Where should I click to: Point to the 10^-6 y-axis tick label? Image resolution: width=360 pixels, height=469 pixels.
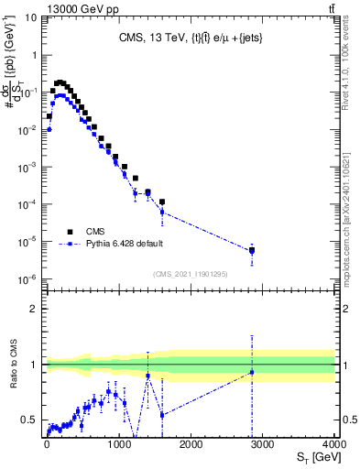click(x=29, y=279)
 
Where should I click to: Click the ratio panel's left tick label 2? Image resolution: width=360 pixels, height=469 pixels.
click(x=36, y=309)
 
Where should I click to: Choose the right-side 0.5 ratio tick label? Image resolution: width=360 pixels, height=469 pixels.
click(x=349, y=420)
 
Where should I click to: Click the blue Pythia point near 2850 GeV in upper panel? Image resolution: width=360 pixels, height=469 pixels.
click(x=252, y=251)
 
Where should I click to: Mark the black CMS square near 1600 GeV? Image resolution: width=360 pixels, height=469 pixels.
click(x=161, y=202)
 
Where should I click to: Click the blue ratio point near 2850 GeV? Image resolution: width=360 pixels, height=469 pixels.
click(x=252, y=372)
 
